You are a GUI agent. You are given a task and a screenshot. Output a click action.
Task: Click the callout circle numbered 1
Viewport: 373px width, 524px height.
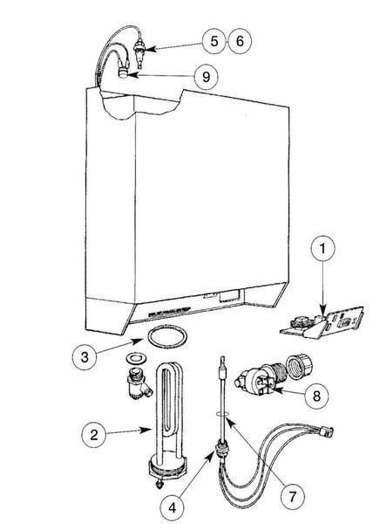pos(322,250)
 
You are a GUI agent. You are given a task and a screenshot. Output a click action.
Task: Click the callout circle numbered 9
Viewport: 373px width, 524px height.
pos(206,77)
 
